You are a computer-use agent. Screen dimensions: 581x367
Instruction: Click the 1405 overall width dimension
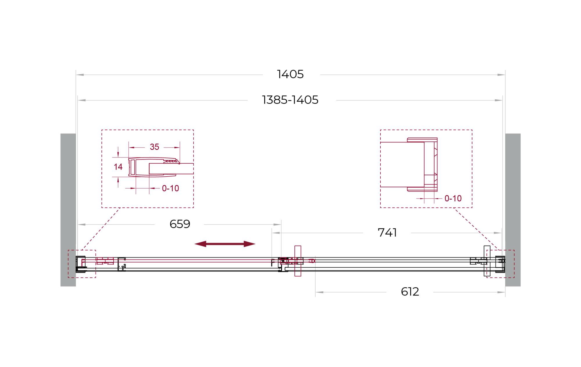[290, 74]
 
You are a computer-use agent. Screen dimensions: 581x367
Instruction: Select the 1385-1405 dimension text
[290, 100]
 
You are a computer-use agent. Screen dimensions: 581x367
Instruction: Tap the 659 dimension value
[180, 224]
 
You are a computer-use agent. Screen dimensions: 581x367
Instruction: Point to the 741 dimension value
[387, 232]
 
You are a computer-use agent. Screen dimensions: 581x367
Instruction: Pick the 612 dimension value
[410, 291]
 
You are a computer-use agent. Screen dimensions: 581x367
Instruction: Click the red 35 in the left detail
[154, 147]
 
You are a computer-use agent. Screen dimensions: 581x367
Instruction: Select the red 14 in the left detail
[118, 167]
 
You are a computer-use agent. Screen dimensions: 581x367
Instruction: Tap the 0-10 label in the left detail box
[170, 188]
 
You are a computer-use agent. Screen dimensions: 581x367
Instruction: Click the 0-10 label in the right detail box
[453, 198]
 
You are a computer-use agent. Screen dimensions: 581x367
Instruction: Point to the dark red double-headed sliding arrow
[225, 244]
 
